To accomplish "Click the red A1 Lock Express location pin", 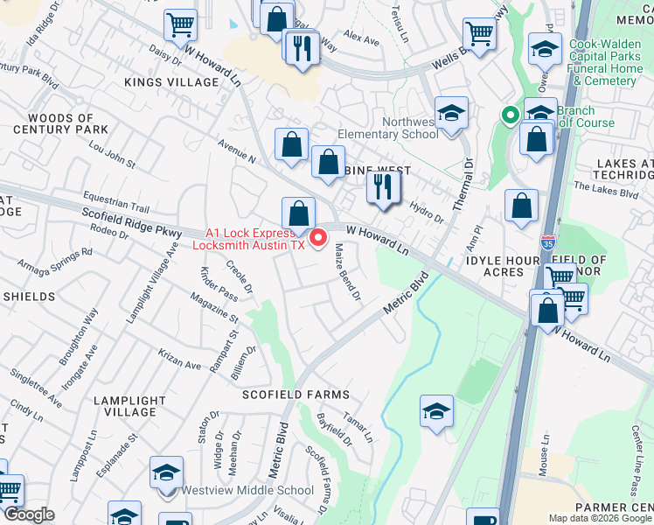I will (x=319, y=235).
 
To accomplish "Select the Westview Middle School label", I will (x=247, y=490).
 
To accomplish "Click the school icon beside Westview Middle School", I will (x=165, y=473).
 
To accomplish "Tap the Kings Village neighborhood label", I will (x=171, y=81).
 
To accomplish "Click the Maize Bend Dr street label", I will (x=347, y=272).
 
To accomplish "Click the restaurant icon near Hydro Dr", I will (x=383, y=186).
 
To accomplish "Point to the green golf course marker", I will (x=509, y=114).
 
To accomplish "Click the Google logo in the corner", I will (x=28, y=514).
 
